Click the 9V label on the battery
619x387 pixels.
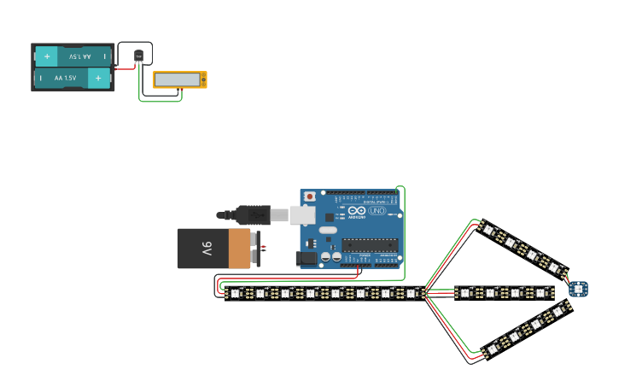coord(206,249)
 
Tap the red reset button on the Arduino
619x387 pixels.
coord(309,197)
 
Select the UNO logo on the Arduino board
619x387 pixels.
coord(377,211)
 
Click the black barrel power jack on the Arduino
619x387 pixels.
coord(306,257)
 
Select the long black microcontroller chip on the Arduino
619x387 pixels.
coord(370,245)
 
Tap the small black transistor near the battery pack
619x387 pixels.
coord(138,57)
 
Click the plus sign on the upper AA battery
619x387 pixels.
coord(47,56)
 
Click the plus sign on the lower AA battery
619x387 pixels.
coord(99,78)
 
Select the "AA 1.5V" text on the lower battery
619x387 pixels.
coord(66,78)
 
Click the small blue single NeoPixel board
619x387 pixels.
coord(579,289)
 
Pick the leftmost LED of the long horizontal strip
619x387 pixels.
coord(235,294)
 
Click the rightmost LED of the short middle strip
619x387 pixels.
coord(540,293)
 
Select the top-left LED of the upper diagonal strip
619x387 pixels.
coord(488,230)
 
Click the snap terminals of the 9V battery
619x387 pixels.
coord(257,249)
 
